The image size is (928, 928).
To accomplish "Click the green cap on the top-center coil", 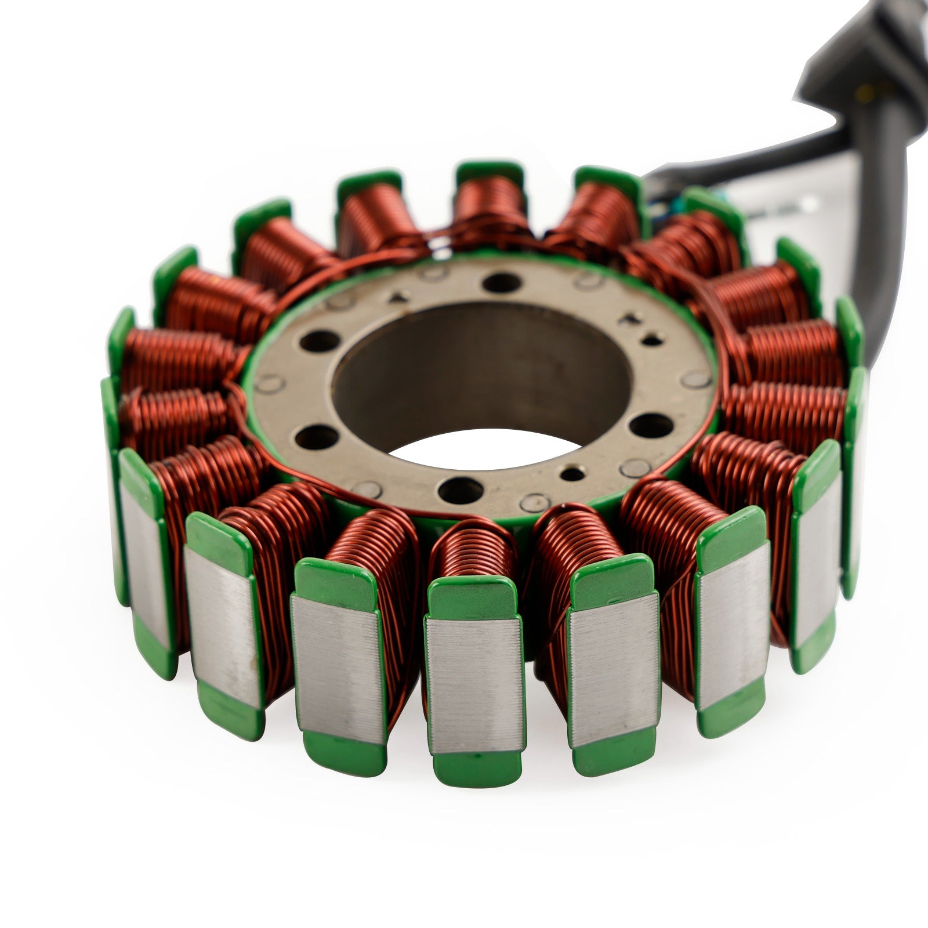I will click(490, 172).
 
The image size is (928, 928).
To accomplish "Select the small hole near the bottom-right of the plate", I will click(572, 474).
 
